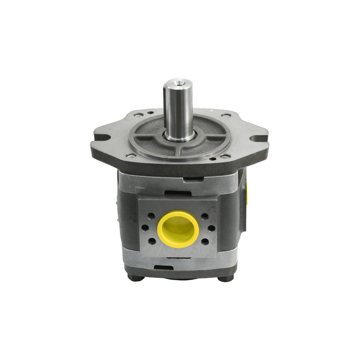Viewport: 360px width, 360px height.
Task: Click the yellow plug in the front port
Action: (x=178, y=229)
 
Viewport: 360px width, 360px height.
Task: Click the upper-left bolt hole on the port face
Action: (x=151, y=216)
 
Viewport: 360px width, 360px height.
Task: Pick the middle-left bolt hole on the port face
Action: (x=145, y=229)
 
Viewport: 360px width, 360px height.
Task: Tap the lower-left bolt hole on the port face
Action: (x=152, y=241)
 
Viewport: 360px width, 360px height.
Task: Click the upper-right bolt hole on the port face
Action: (x=205, y=216)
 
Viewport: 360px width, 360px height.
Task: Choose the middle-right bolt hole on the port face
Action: (x=211, y=229)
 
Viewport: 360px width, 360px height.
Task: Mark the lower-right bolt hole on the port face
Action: (x=205, y=241)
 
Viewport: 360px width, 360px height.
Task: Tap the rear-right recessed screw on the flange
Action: (x=226, y=115)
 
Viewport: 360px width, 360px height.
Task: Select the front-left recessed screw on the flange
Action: (x=131, y=156)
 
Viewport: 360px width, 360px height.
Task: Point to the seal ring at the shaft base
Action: (x=179, y=136)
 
